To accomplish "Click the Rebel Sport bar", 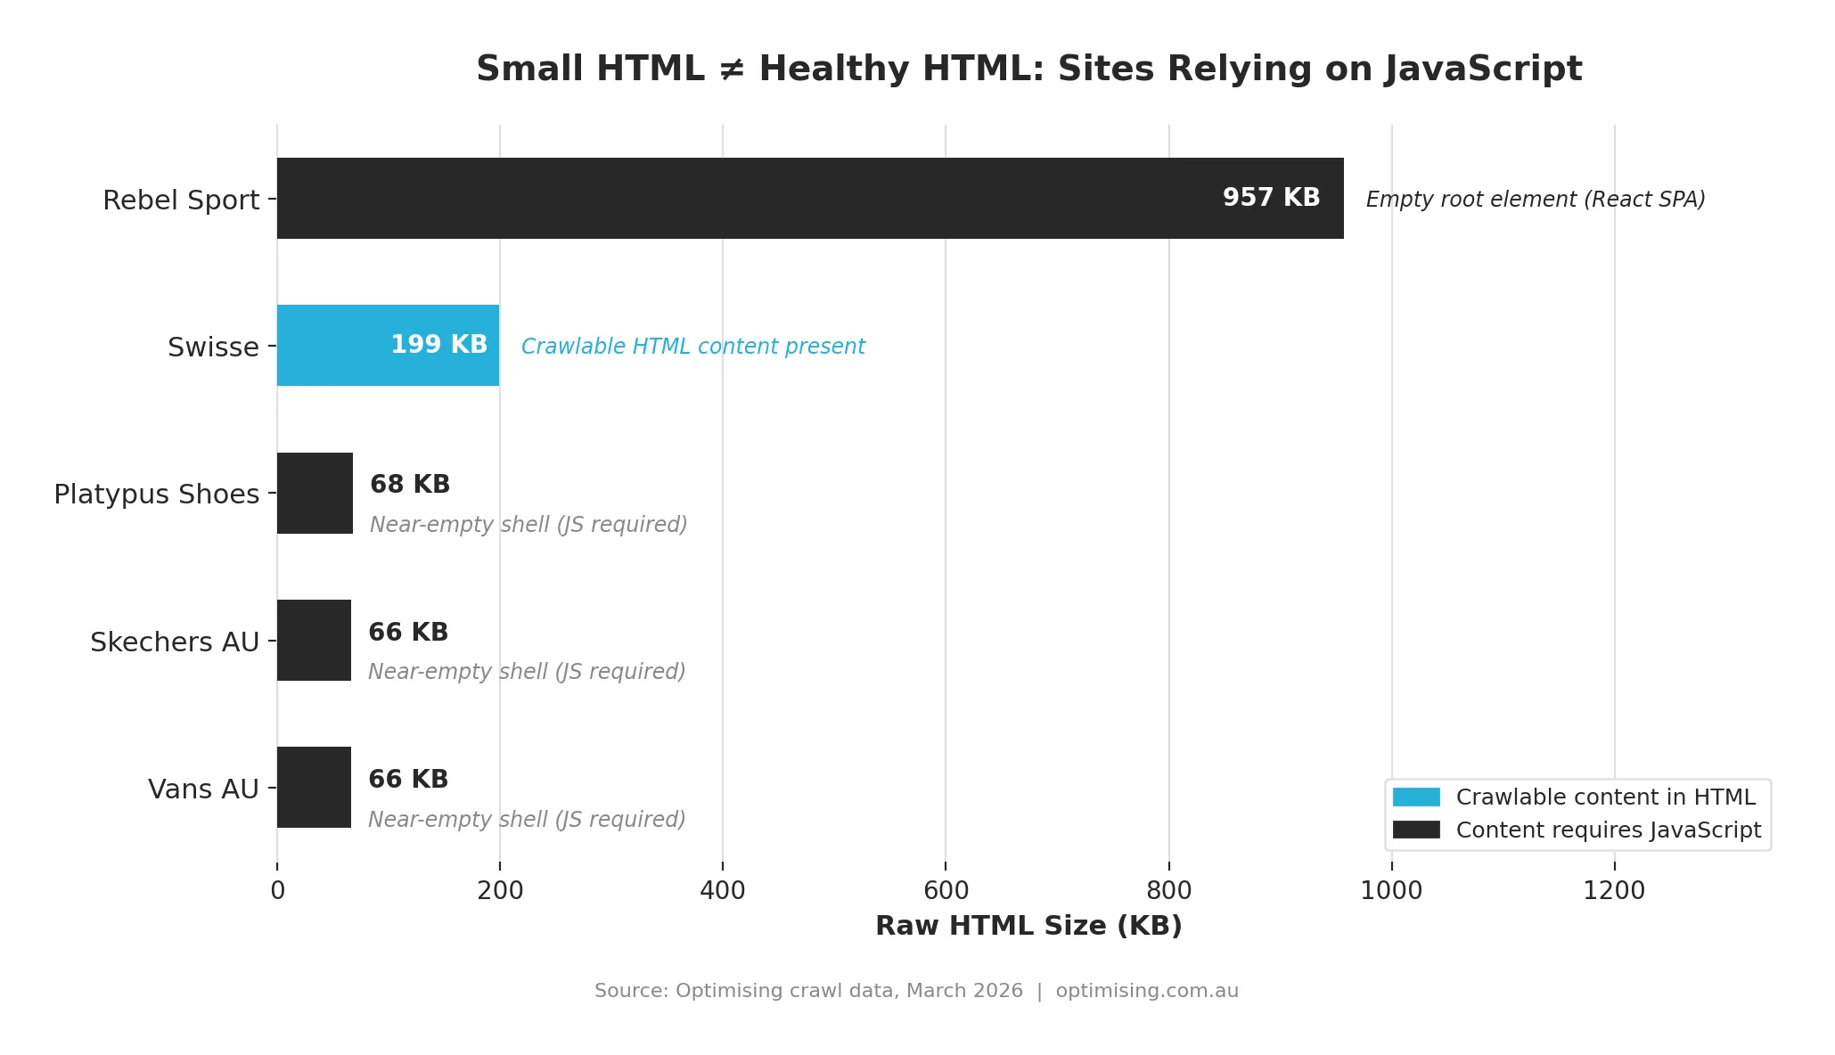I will click(x=809, y=198).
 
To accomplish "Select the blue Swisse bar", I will click(x=388, y=345).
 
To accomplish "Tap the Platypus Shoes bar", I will click(x=315, y=493).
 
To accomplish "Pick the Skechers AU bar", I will click(x=314, y=640).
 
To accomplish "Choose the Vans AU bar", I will click(x=314, y=787).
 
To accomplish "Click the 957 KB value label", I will click(x=1271, y=198).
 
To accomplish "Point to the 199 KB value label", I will click(x=438, y=345).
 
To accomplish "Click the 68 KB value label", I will click(x=410, y=485).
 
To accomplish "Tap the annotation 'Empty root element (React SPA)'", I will click(x=1535, y=200).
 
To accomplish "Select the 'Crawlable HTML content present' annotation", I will click(x=692, y=347).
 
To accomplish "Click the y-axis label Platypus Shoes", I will click(x=157, y=495).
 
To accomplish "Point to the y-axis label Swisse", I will click(x=213, y=347).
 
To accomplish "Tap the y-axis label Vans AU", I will click(x=203, y=789).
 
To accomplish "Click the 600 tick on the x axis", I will click(x=946, y=890).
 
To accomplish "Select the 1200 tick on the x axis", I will click(x=1614, y=890).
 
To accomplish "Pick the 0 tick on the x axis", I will click(x=277, y=890).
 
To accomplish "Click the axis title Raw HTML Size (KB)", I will click(x=1028, y=926).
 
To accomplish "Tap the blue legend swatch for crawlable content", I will click(x=1416, y=797).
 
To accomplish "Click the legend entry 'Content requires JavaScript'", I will click(x=1608, y=830).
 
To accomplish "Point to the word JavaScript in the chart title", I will click(x=1483, y=70).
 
